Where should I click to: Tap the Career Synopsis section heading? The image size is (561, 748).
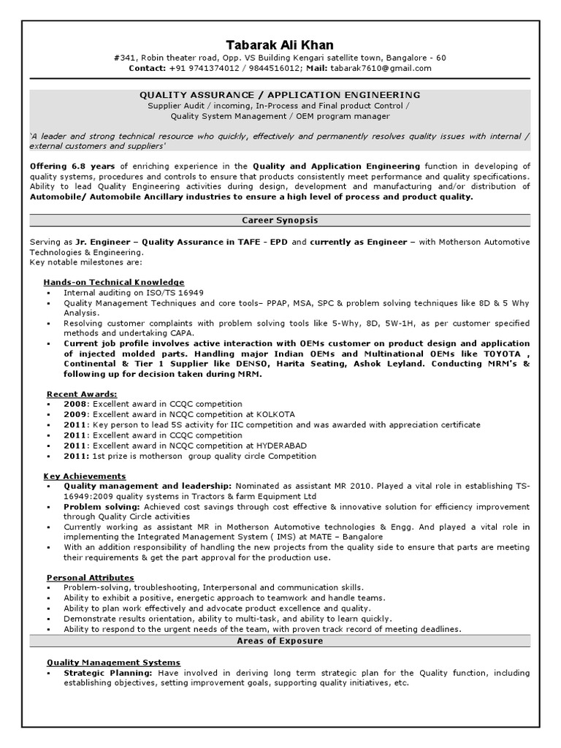280,220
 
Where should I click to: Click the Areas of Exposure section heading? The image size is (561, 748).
280,641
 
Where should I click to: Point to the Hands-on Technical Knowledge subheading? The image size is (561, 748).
113,282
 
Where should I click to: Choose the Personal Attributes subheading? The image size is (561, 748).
90,578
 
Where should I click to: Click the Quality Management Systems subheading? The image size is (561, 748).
112,663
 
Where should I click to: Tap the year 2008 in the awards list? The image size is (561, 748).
75,404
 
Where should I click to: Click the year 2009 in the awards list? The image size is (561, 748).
75,414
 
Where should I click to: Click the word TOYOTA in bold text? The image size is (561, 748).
503,354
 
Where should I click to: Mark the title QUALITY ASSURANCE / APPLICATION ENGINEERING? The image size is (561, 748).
280,95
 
